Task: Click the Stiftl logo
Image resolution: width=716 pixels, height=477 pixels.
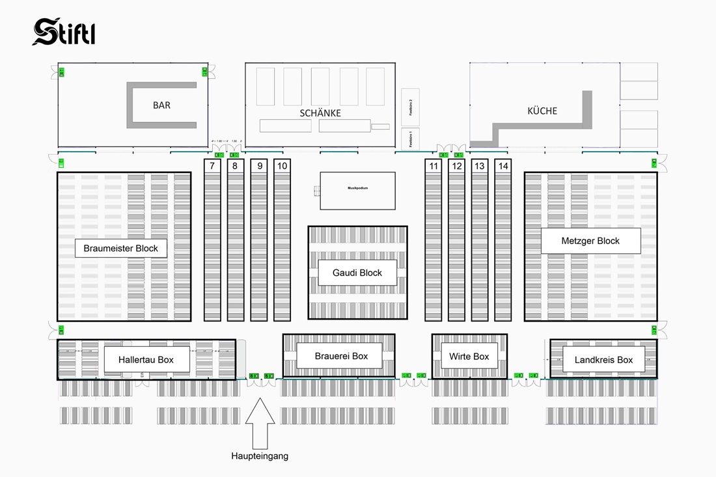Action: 64,32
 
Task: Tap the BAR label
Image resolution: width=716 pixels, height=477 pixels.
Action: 161,105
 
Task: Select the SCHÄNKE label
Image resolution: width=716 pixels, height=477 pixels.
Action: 320,113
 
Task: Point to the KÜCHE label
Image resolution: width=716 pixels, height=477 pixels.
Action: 542,111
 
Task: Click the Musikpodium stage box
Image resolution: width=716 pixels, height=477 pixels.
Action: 357,191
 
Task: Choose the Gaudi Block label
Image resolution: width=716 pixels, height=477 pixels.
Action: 357,273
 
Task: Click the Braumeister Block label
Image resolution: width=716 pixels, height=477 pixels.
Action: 121,248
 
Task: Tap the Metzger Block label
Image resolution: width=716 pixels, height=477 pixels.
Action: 590,241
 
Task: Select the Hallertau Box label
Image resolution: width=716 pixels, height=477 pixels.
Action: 146,359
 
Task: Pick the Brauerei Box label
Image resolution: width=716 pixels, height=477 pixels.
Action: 341,356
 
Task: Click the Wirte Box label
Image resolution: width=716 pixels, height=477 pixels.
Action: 469,356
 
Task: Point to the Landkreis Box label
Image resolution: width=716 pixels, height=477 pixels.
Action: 603,359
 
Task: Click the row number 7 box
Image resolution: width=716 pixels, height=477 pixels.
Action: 212,166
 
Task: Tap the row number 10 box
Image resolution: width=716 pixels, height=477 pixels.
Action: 282,166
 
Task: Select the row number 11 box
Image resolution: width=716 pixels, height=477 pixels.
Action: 434,166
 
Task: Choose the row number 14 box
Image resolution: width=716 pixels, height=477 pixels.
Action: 503,166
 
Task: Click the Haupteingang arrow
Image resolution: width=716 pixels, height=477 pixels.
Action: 260,422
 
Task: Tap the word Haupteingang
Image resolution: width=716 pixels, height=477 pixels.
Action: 260,456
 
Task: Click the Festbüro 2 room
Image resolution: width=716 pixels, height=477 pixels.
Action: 410,107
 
